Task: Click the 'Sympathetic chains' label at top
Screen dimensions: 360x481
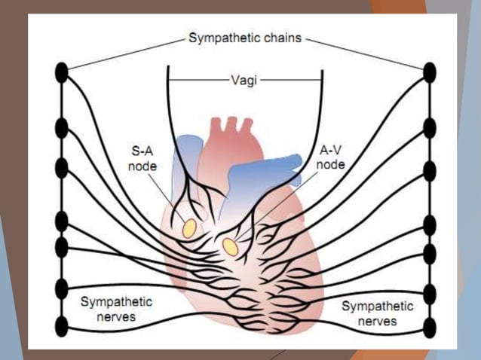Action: [x=245, y=38]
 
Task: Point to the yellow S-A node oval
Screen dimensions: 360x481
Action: [x=189, y=227]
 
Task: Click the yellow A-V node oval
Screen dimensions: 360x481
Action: [x=230, y=246]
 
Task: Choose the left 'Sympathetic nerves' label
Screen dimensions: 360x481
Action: [x=117, y=309]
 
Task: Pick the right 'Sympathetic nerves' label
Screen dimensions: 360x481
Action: [x=377, y=313]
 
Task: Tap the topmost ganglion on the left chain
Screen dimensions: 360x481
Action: [x=63, y=72]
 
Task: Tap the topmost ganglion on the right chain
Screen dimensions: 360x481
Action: [x=430, y=72]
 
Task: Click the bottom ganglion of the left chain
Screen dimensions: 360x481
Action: [x=63, y=326]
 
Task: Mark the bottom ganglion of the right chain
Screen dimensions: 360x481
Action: [x=430, y=328]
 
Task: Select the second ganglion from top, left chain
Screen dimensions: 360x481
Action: [x=63, y=127]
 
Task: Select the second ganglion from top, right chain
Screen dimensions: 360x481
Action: [x=430, y=127]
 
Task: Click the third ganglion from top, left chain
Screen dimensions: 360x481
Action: [x=63, y=167]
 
